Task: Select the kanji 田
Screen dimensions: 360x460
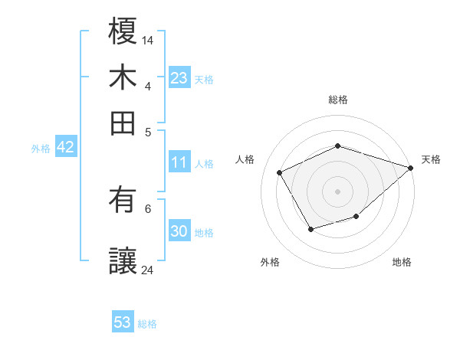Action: (123, 123)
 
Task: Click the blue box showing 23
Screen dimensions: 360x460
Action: (179, 77)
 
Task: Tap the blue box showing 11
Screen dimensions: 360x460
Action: (179, 162)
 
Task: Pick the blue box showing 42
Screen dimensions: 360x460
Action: (65, 147)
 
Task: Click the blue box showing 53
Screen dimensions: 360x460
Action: (123, 322)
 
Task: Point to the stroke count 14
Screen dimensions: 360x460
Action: (148, 39)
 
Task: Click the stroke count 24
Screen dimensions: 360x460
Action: (148, 270)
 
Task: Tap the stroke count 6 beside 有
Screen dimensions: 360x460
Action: (147, 208)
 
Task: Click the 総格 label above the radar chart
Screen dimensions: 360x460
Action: (337, 100)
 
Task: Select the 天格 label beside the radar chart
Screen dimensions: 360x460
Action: (431, 159)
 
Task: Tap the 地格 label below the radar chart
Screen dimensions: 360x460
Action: (402, 262)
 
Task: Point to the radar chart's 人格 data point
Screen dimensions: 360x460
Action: (280, 172)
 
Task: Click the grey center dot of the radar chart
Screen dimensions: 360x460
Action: (337, 191)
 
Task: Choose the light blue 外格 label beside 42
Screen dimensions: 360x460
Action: (41, 148)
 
